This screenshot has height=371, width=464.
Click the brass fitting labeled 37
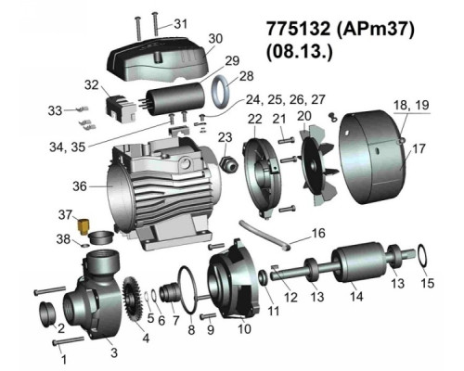(x=83, y=226)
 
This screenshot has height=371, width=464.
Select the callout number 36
(x=80, y=186)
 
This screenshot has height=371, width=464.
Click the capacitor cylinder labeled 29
(x=175, y=99)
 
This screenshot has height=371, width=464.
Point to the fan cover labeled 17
(x=372, y=157)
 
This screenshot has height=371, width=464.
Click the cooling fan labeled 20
(x=318, y=165)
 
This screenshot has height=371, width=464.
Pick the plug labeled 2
(x=47, y=313)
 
